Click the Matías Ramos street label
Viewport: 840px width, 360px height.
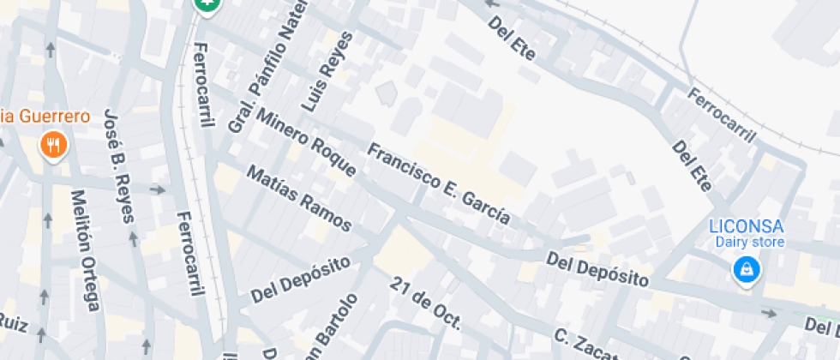[x=299, y=199]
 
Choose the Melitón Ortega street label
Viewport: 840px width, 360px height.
[x=86, y=249]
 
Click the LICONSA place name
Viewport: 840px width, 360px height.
[x=746, y=226]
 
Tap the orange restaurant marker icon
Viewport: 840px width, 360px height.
[x=53, y=145]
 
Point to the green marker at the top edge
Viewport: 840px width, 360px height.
[x=207, y=5]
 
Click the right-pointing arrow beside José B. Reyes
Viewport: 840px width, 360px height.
[x=158, y=189]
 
